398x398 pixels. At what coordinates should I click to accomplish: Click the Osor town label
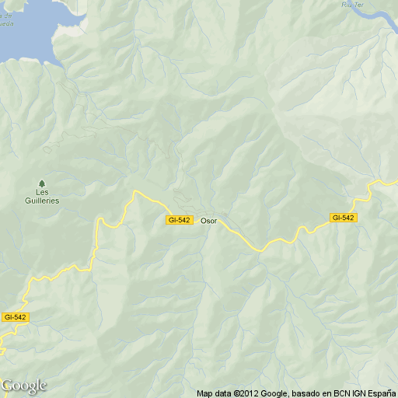pyautogui.click(x=208, y=221)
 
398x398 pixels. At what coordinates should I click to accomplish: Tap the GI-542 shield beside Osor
pyautogui.click(x=179, y=221)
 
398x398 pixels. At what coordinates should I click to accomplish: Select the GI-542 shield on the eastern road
pyautogui.click(x=343, y=218)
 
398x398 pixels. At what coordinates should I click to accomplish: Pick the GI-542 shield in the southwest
pyautogui.click(x=15, y=317)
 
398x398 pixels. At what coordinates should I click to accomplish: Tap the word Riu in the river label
pyautogui.click(x=347, y=4)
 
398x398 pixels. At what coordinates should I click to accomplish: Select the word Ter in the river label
pyautogui.click(x=360, y=4)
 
